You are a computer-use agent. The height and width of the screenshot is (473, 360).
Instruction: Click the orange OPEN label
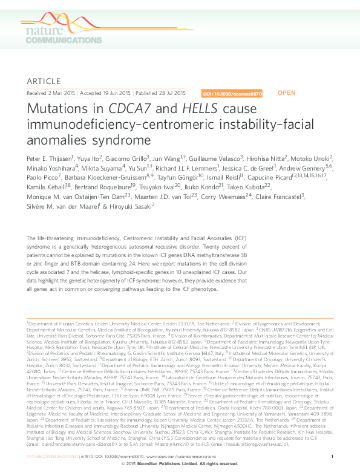286,93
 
